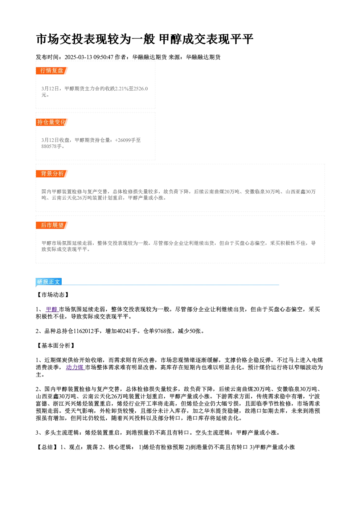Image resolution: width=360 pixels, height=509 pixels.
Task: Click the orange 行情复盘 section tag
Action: coord(52,71)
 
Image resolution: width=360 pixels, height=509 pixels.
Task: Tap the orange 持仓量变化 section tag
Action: coord(52,122)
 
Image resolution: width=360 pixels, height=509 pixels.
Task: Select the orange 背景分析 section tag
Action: coord(52,174)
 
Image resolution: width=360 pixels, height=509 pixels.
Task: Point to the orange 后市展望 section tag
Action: coord(52,225)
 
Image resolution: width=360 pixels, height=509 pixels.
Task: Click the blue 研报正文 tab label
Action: coord(48,282)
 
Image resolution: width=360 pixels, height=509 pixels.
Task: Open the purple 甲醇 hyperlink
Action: coord(52,309)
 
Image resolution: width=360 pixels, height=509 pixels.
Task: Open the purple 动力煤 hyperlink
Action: coord(75,368)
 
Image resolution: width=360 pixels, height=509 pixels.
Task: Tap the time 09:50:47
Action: coord(103,57)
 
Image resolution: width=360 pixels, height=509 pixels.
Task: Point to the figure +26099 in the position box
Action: coord(123,140)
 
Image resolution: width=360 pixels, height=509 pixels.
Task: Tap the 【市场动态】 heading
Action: coord(53,295)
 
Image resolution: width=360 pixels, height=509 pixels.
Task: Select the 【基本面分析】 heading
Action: coord(56,346)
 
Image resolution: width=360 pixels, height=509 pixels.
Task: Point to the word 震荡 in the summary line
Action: coord(92,447)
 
